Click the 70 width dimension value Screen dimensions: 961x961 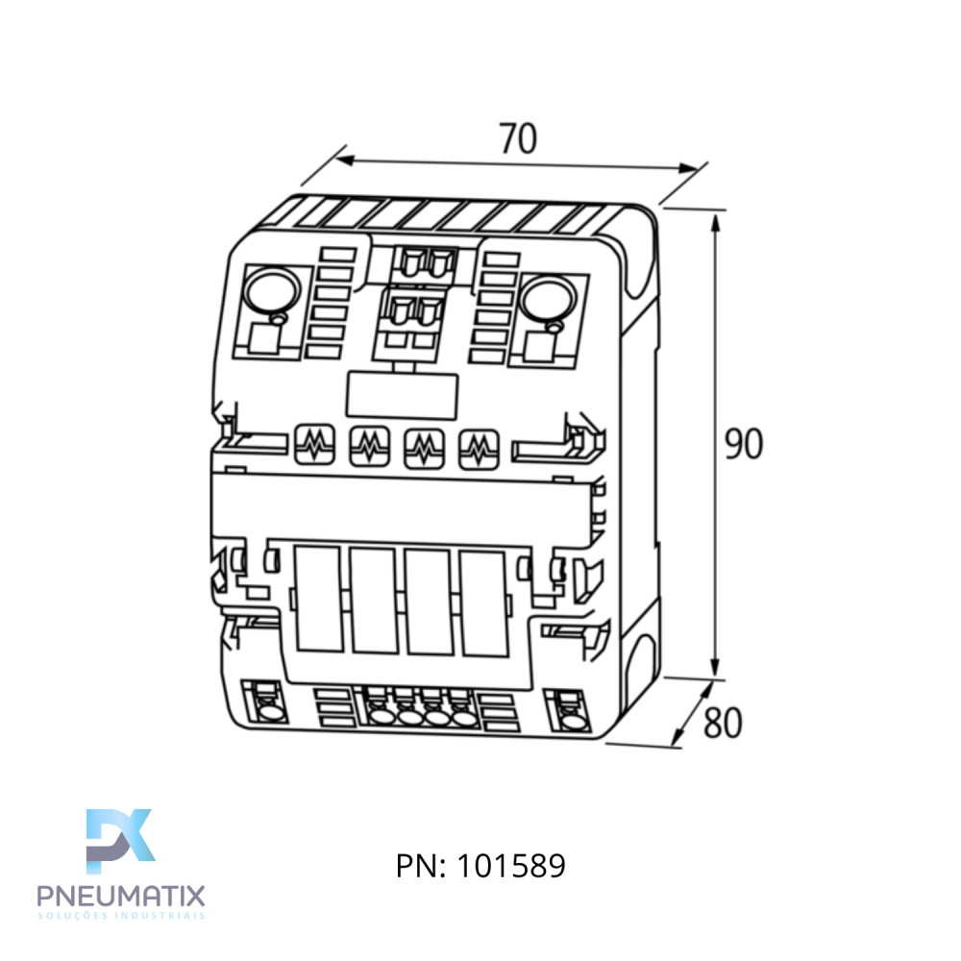click(518, 138)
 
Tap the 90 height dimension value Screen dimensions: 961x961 click(744, 443)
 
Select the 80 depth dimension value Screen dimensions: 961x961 click(723, 723)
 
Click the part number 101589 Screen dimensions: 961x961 click(511, 866)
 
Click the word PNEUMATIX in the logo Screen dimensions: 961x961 click(121, 896)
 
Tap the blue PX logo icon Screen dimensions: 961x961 click(120, 841)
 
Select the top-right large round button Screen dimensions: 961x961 click(548, 299)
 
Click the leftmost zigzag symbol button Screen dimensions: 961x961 click(315, 444)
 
